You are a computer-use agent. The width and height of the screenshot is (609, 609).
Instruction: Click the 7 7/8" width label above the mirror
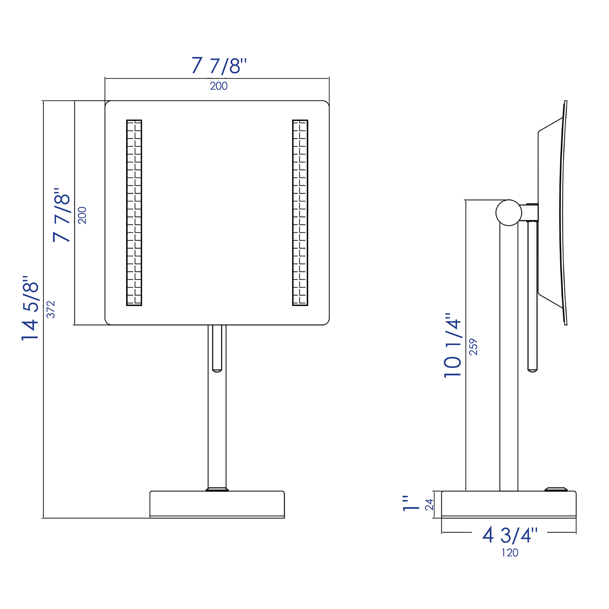[218, 66]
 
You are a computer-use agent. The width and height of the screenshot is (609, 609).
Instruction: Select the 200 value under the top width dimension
[219, 86]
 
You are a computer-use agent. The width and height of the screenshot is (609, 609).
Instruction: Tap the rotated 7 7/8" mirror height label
[62, 215]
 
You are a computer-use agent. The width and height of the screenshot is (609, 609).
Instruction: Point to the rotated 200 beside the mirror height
[83, 215]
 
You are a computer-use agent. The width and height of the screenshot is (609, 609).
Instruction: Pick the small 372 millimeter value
[51, 309]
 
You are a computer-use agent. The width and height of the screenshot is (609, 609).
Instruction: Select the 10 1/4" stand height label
[453, 345]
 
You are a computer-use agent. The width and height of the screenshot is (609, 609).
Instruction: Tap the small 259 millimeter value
[474, 346]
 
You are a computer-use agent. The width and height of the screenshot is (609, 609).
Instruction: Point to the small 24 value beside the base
[429, 504]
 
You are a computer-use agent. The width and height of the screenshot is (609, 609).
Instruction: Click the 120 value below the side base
[510, 553]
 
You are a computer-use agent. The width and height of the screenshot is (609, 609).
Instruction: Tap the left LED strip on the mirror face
[134, 213]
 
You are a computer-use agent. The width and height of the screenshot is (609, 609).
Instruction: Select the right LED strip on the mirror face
[300, 213]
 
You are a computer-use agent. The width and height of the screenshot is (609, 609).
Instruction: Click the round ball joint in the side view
[509, 212]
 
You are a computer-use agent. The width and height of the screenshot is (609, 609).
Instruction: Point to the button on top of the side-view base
[556, 489]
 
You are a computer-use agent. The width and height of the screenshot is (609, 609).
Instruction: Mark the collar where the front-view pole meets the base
[217, 489]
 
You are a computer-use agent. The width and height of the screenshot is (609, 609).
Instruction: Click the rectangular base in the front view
[217, 504]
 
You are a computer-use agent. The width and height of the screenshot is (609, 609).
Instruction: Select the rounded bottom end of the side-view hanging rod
[533, 370]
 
